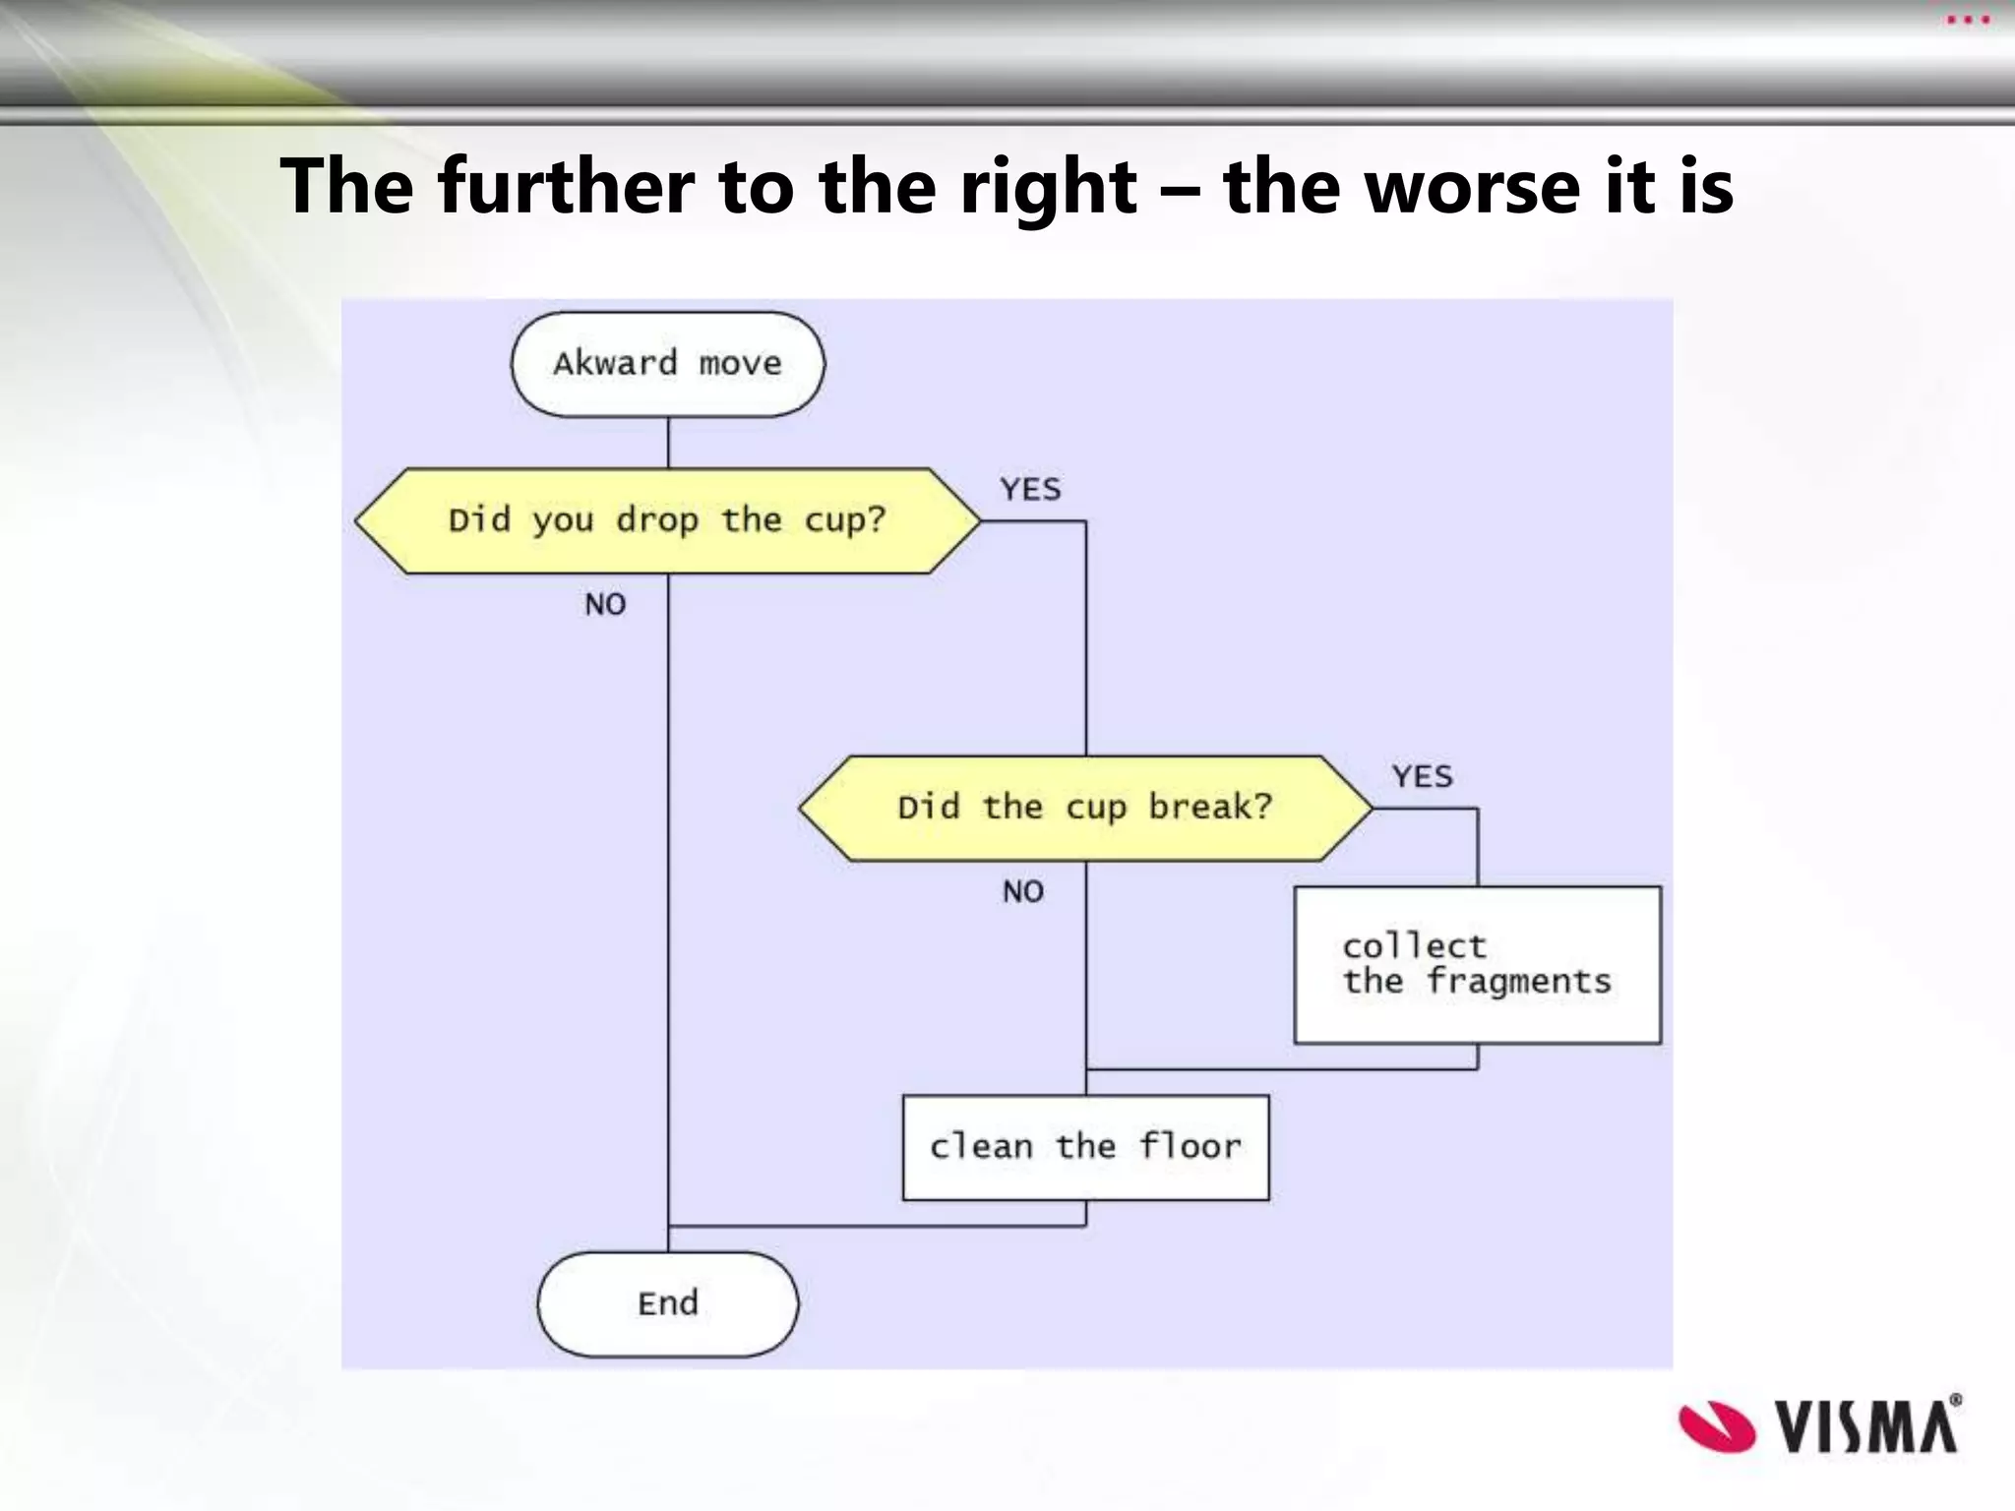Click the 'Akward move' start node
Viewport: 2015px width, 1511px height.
[x=667, y=364]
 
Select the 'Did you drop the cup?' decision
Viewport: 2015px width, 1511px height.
[x=667, y=520]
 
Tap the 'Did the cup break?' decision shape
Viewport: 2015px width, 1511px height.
[x=1084, y=808]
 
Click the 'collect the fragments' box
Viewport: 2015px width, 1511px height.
[x=1477, y=964]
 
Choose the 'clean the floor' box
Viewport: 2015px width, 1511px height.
[x=1085, y=1147]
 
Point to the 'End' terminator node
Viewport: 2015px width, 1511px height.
[x=667, y=1303]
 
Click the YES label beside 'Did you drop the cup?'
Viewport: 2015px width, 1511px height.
[x=1030, y=489]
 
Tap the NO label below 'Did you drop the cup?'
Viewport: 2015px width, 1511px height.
[x=605, y=604]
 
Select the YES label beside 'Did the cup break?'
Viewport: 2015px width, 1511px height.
[x=1422, y=776]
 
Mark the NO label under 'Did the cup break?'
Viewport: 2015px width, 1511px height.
[x=1023, y=891]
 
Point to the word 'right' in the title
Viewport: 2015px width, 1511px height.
[x=1049, y=187]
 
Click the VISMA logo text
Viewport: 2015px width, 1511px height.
[x=1866, y=1425]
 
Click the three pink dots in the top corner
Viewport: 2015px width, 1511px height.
[x=1968, y=20]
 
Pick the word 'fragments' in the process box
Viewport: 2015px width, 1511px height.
[x=1519, y=981]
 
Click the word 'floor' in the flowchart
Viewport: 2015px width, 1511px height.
[x=1191, y=1147]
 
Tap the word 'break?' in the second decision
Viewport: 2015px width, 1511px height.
[x=1210, y=808]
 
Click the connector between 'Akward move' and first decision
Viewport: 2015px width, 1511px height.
[x=668, y=442]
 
